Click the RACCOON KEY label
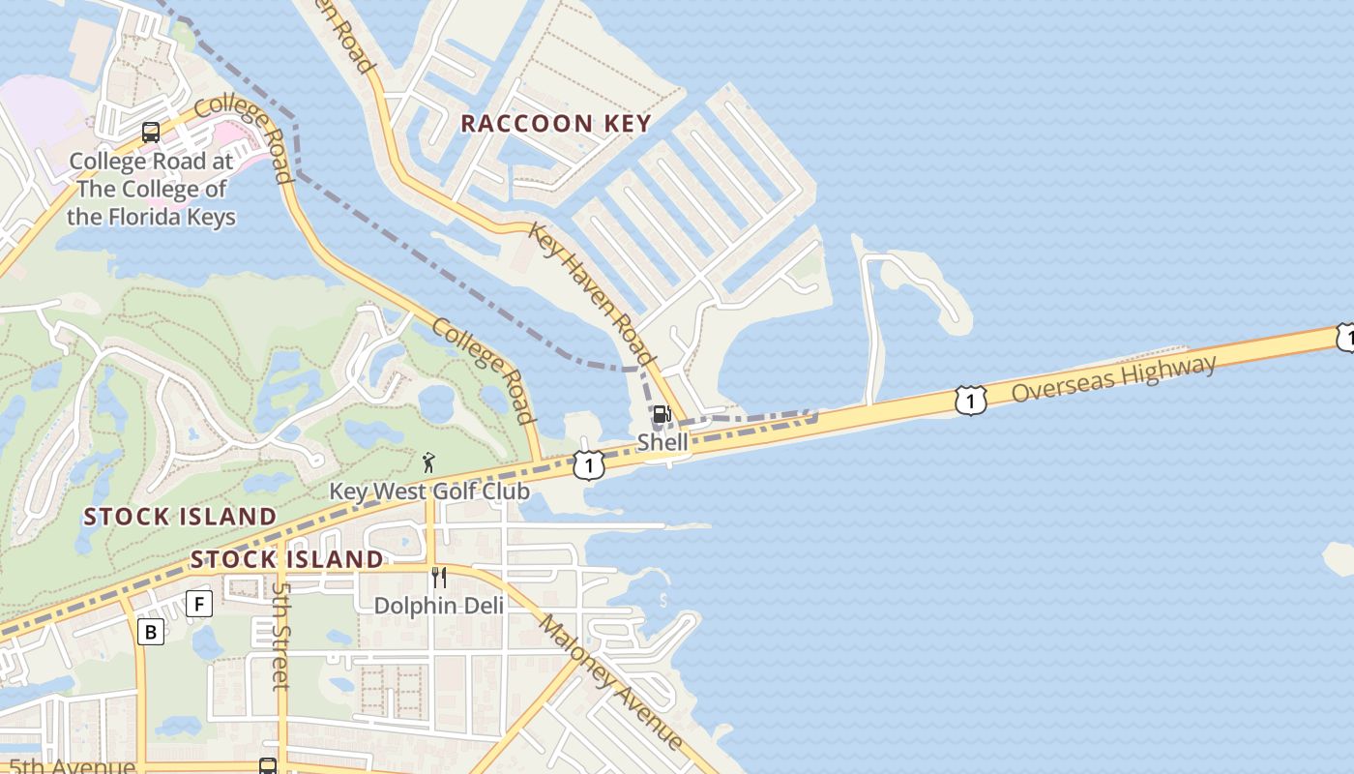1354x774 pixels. pos(555,124)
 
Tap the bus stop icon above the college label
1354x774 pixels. pos(151,133)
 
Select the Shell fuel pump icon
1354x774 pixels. pos(662,415)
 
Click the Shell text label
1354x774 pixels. pos(662,442)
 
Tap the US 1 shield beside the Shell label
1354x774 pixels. pos(588,465)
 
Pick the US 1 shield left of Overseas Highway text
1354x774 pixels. pos(970,400)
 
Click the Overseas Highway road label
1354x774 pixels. pos(1113,378)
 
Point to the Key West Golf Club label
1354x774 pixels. pos(429,491)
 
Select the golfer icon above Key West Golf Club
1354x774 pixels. pos(428,462)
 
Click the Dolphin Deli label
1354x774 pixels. pos(439,606)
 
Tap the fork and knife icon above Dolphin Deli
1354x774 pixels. pos(439,578)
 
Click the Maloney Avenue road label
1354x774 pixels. pos(610,681)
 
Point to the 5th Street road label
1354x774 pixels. pos(280,635)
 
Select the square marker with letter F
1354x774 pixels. pos(198,604)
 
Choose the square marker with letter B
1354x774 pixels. pos(150,632)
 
